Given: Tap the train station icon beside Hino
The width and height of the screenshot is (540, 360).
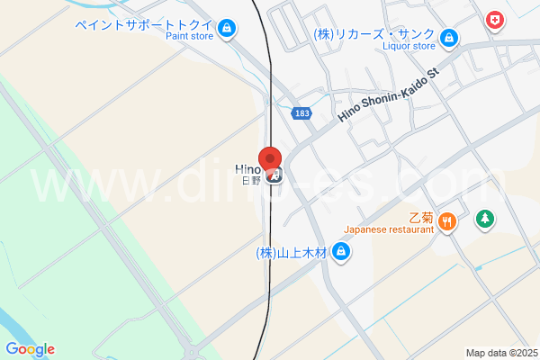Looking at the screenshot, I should click(276, 175).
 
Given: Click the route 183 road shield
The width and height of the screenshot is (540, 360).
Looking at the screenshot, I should click(302, 112).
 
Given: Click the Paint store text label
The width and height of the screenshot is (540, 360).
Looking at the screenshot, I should click(190, 38).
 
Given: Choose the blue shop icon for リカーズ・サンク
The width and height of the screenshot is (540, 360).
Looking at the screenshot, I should click(449, 37).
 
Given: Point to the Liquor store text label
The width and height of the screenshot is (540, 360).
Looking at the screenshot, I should click(409, 46).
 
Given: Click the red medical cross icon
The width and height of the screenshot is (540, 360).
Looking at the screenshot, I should click(494, 19).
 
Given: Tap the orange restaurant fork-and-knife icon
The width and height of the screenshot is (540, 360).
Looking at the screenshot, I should click(449, 220).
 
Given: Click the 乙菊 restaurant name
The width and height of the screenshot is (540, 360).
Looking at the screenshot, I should click(421, 217).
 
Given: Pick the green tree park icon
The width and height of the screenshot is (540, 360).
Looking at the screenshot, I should click(484, 218).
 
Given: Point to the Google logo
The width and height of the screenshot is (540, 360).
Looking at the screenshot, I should click(30, 349).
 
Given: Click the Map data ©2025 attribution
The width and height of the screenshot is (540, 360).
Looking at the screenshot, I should click(501, 353).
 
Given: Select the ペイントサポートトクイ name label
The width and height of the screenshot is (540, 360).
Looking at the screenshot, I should click(146, 25).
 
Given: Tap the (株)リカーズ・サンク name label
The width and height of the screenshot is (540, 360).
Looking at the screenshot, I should click(373, 33).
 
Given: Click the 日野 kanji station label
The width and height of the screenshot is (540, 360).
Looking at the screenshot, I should click(251, 180).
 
